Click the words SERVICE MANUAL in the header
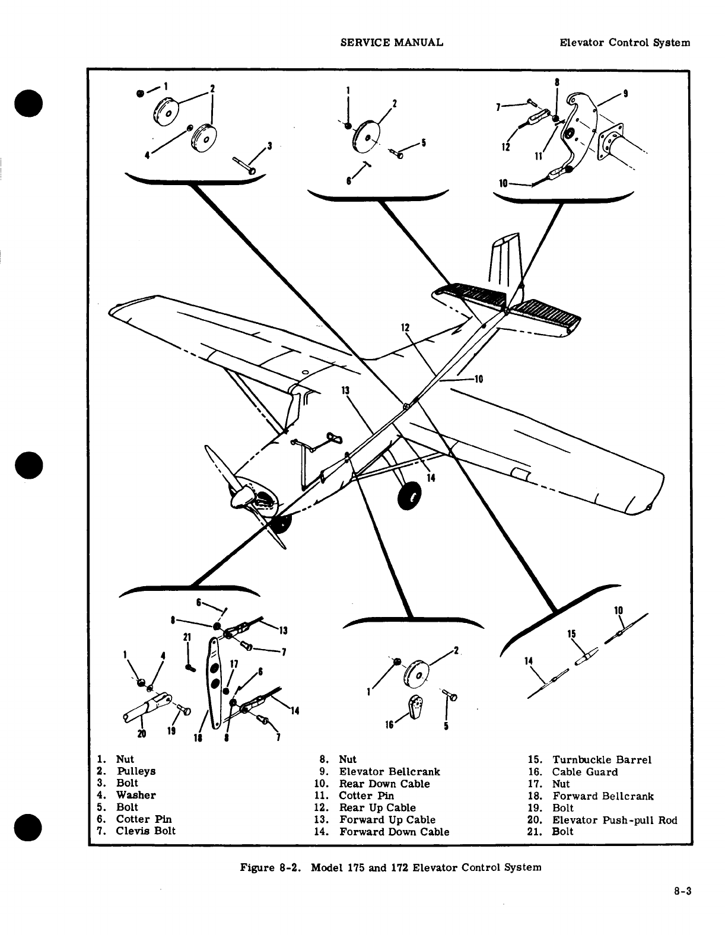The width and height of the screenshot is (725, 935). coord(392,43)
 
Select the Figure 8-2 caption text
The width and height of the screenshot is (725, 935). coord(390,867)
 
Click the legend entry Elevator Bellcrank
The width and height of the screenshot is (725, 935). coord(389,772)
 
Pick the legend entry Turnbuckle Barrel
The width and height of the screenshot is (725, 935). coord(602,760)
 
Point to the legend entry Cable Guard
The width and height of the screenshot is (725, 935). coord(585,772)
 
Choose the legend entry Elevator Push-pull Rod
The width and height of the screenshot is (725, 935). coord(615,820)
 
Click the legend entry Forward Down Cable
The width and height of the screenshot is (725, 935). coord(394,832)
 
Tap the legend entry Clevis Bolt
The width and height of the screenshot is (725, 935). coord(145,831)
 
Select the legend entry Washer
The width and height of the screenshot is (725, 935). coord(136,795)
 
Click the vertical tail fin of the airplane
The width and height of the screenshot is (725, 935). coord(506,264)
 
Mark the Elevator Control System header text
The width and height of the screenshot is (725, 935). coord(625,43)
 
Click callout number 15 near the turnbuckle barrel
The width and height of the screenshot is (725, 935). coord(572,634)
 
